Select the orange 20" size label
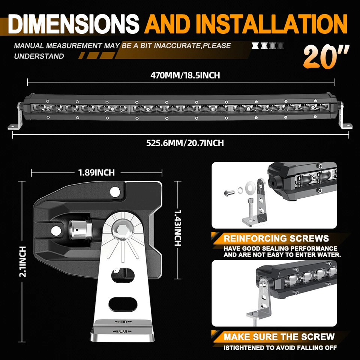[325, 57]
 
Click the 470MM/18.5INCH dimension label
[185, 75]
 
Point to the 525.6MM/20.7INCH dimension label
[185, 143]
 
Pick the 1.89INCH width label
[96, 172]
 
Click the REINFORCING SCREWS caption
[276, 238]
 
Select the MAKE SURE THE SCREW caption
[279, 336]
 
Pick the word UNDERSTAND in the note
[39, 56]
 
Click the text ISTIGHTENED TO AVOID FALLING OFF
[280, 348]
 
